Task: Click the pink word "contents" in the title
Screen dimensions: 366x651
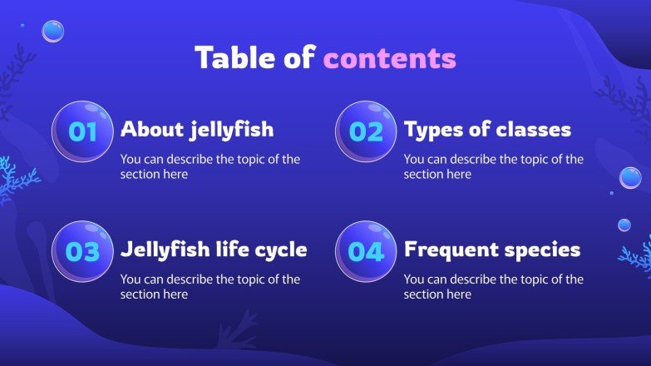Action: [389, 58]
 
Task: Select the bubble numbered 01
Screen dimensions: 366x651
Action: [82, 131]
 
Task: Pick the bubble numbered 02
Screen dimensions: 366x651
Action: [366, 131]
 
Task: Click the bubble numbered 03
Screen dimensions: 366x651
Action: [82, 251]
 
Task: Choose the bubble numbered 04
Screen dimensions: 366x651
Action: [366, 251]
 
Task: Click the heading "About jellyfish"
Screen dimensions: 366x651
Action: [197, 130]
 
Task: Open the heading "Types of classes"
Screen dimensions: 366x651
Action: [487, 130]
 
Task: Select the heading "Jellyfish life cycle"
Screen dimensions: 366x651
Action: [214, 250]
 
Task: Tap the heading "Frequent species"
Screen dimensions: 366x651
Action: [492, 250]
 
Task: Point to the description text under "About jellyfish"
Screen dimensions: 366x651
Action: [210, 166]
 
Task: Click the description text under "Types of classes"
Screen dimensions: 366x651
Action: [494, 166]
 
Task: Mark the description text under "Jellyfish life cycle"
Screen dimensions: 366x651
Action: [210, 287]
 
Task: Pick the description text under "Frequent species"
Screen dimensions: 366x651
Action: [494, 287]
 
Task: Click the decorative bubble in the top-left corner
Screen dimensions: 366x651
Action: [53, 32]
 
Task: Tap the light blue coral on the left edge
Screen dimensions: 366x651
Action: [13, 179]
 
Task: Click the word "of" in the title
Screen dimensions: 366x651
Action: [297, 58]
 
